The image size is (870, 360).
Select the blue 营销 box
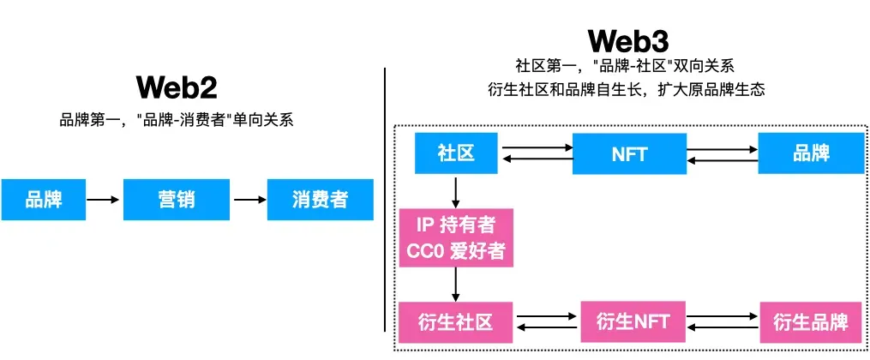pyautogui.click(x=177, y=200)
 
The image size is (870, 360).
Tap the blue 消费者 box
pyautogui.click(x=320, y=200)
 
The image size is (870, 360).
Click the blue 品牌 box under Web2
pyautogui.click(x=43, y=200)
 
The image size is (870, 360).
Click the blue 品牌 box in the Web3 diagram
pyautogui.click(x=811, y=153)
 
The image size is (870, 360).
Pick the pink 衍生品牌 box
pyautogui.click(x=810, y=322)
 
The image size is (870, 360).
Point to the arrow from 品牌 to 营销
pyautogui.click(x=104, y=200)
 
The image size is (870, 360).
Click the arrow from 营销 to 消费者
pyautogui.click(x=249, y=200)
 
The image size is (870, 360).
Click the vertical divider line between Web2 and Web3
pyautogui.click(x=385, y=197)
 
